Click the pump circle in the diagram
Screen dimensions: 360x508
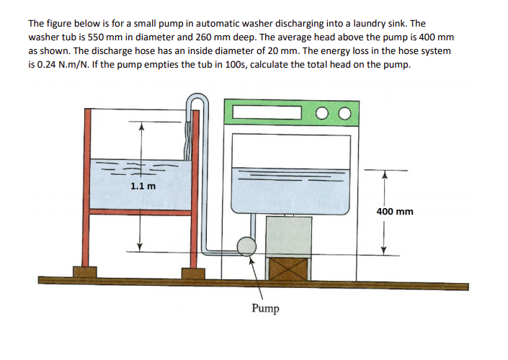pyautogui.click(x=246, y=247)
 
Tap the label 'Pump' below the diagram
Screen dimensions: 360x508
pyautogui.click(x=266, y=309)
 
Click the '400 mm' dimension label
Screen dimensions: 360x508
pyautogui.click(x=395, y=212)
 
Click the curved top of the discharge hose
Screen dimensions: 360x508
pyautogui.click(x=196, y=99)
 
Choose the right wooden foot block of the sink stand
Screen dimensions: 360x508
pyautogui.click(x=193, y=274)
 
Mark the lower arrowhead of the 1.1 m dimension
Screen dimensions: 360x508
pyautogui.click(x=141, y=246)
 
